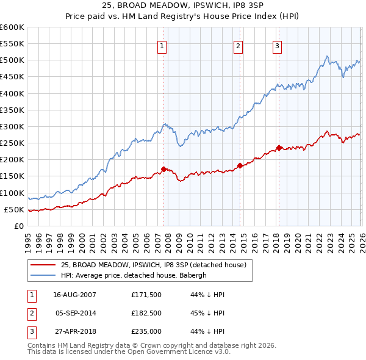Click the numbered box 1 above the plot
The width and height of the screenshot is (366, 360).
163,45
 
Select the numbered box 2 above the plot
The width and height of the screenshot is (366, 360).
238,45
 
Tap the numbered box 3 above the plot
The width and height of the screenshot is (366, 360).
277,45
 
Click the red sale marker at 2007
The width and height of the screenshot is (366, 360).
163,169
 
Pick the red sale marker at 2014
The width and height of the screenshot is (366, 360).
240,165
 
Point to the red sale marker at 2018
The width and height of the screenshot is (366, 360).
279,148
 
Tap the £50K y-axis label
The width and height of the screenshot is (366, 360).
15,209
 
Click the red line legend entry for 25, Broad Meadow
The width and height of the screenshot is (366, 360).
153,265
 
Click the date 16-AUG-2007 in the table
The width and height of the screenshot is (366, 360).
75,295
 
